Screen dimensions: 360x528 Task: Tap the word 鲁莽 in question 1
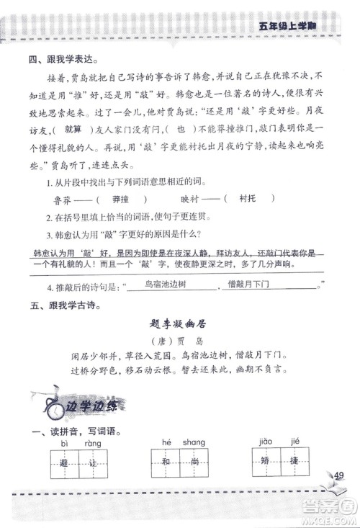pyautogui.click(x=63, y=200)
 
